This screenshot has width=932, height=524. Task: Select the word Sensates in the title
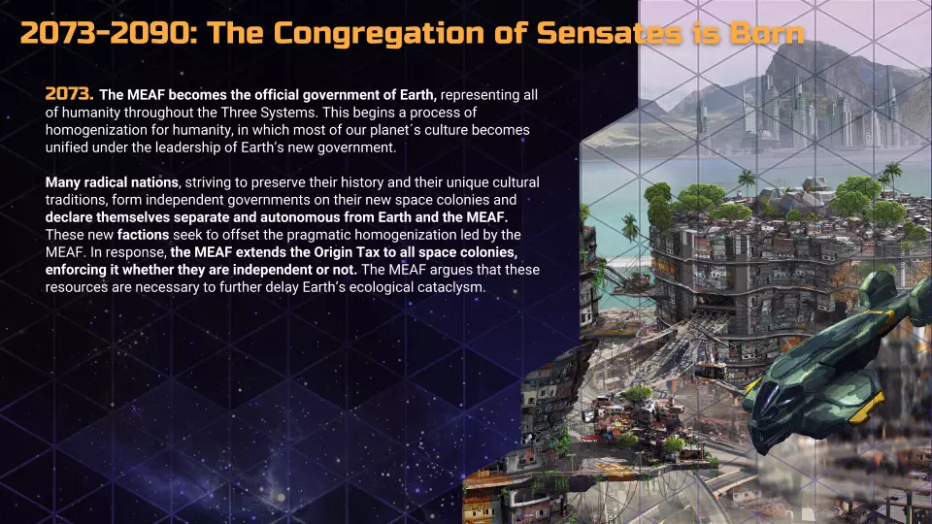tap(610, 33)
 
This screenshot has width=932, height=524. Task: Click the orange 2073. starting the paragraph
tap(70, 94)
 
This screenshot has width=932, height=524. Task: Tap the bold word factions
tap(143, 235)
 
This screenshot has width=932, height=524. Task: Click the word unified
tap(65, 147)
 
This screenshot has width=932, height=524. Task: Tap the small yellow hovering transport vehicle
tap(711, 370)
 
